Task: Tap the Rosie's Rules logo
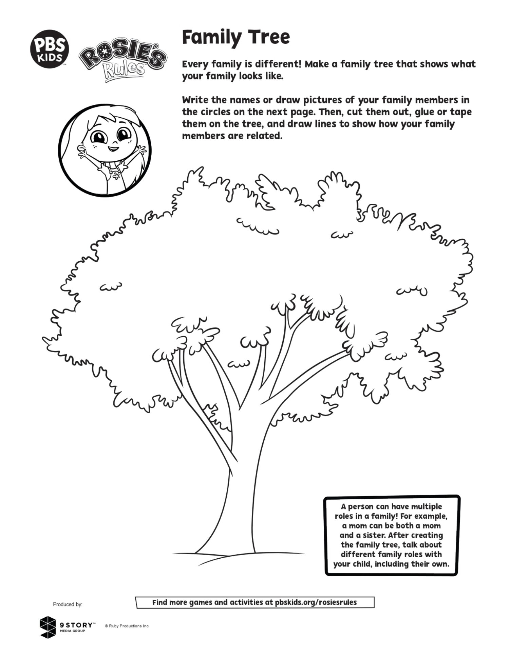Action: click(x=123, y=63)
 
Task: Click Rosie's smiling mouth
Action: click(x=113, y=148)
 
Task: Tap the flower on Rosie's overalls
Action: click(x=116, y=175)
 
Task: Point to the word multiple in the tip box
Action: click(x=426, y=506)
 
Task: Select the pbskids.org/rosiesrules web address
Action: click(x=316, y=602)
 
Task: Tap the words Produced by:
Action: click(x=68, y=604)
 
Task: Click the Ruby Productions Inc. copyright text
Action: click(x=127, y=626)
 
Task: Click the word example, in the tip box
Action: click(x=431, y=516)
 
